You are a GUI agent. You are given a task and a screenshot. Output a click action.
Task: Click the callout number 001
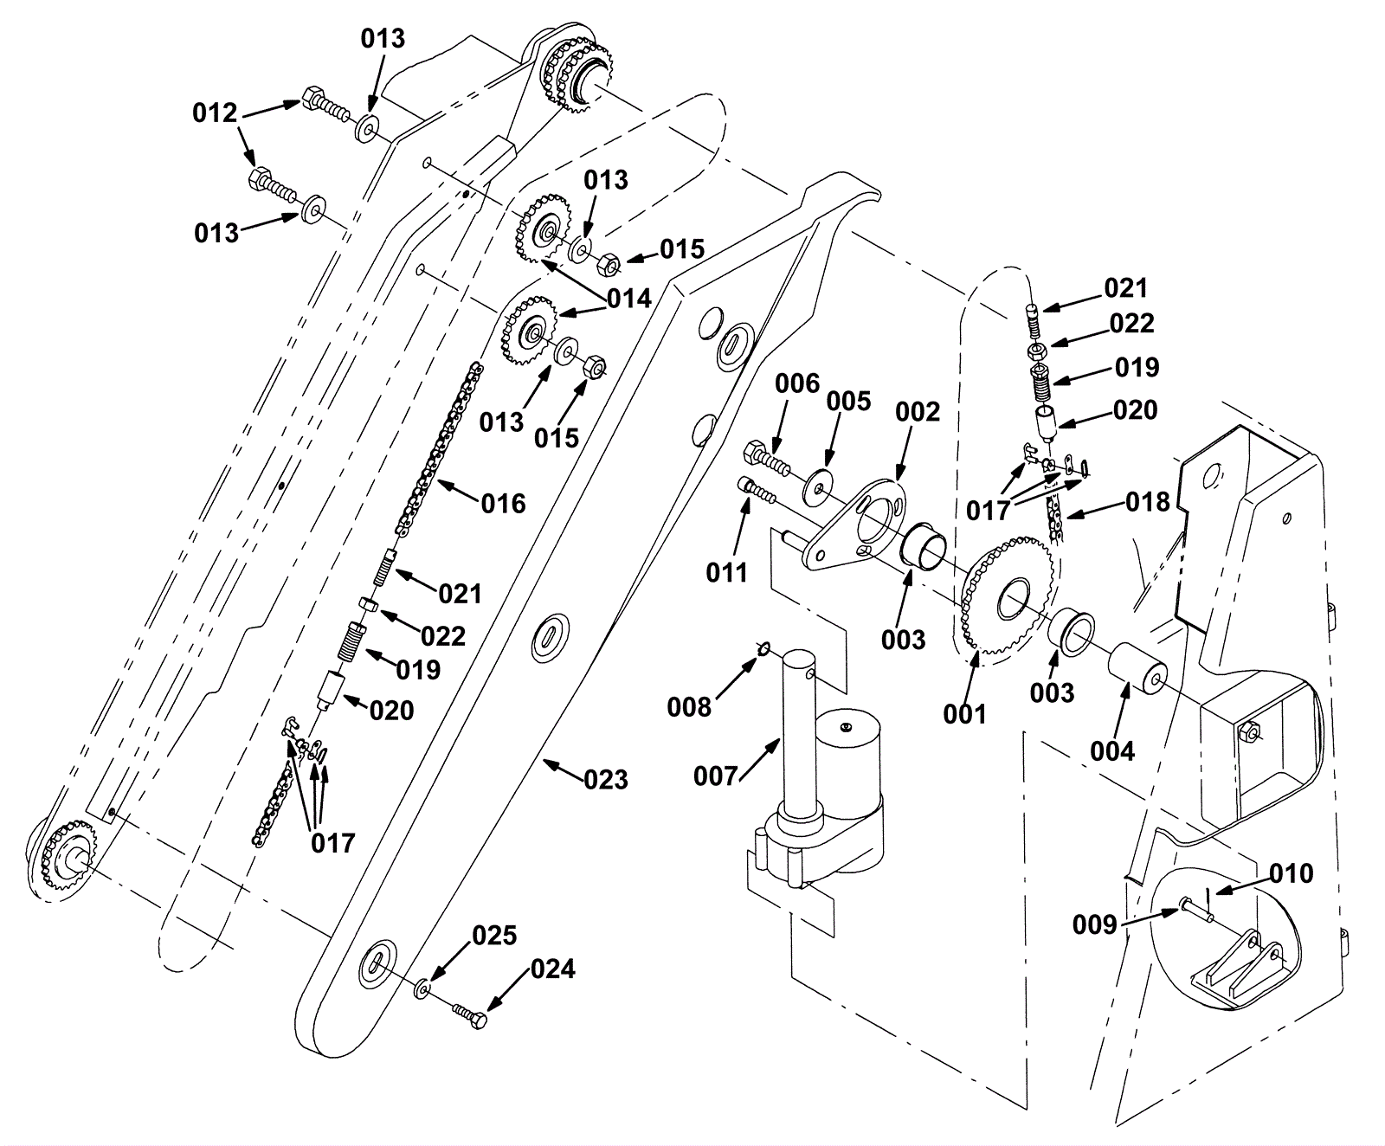965,714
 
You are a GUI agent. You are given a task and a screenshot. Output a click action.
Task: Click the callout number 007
715,776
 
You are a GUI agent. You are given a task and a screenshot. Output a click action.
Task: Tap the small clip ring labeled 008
763,650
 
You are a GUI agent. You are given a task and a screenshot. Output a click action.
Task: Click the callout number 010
1292,873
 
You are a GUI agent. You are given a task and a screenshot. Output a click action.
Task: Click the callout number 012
215,113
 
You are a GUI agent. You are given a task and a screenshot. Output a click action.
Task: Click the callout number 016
504,503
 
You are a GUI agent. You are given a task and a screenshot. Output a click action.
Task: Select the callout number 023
606,780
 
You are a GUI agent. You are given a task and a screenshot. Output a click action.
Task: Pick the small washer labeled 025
422,988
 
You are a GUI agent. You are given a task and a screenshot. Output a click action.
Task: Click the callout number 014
629,299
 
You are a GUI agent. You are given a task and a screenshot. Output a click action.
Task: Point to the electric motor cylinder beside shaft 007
852,757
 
